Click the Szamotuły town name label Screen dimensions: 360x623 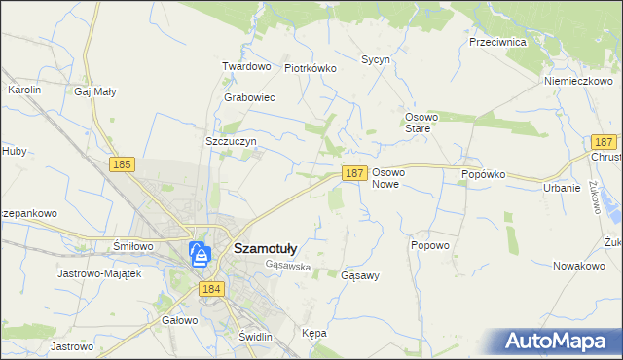272,248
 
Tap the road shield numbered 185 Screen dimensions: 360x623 122,165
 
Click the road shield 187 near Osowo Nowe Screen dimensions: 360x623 354,173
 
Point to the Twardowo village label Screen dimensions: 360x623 245,66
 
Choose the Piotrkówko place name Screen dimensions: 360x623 310,69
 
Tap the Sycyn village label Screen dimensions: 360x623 376,59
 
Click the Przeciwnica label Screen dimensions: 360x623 497,43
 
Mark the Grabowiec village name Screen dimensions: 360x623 249,98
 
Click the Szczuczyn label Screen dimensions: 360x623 231,141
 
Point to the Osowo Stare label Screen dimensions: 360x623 424,123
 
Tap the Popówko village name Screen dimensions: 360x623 484,175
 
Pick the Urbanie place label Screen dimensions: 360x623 562,188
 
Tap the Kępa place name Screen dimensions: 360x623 313,333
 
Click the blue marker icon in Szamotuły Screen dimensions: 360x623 200,255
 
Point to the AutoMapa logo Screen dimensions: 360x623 559,341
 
